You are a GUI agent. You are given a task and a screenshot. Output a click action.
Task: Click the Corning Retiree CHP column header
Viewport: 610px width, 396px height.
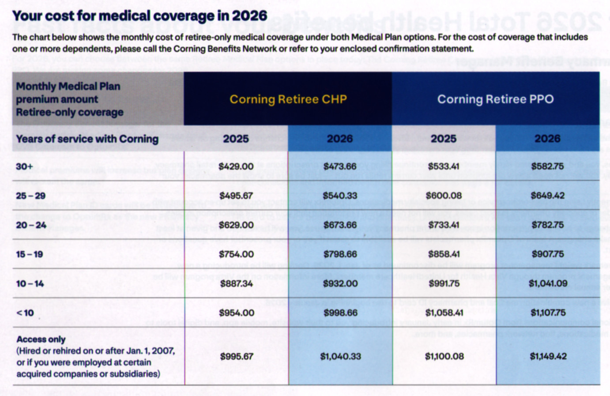(x=288, y=99)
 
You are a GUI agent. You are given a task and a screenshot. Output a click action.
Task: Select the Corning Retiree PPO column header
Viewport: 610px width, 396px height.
(x=495, y=99)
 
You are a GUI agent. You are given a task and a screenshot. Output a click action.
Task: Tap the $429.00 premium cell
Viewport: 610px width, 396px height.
(x=236, y=166)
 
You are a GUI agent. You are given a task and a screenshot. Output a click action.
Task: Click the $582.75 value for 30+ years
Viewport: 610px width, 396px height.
(x=547, y=166)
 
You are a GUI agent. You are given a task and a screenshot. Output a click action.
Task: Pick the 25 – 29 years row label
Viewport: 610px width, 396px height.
(x=30, y=196)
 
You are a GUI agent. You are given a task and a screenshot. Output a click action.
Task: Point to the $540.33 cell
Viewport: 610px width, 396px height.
(x=340, y=196)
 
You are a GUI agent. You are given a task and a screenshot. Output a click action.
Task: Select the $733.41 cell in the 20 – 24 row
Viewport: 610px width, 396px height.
(x=444, y=225)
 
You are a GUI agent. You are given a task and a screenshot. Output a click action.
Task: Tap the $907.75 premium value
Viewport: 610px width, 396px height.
(x=547, y=254)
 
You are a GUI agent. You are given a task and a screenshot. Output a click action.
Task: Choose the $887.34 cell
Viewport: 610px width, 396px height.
(x=236, y=283)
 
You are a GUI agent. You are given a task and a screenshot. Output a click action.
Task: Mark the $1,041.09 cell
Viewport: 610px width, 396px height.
(x=548, y=283)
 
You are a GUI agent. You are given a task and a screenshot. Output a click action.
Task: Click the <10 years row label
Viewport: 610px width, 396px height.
(x=25, y=313)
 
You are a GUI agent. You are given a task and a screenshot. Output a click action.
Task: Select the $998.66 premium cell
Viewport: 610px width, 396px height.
(x=340, y=313)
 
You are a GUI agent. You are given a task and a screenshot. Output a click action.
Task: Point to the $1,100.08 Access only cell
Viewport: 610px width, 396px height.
(x=444, y=356)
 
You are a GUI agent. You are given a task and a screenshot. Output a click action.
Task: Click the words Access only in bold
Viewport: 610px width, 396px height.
(x=41, y=339)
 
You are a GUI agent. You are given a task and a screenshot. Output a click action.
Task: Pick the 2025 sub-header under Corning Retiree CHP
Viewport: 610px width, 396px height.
(x=236, y=139)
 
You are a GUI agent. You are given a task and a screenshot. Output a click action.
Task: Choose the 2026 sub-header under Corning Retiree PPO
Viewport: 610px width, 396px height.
(x=547, y=139)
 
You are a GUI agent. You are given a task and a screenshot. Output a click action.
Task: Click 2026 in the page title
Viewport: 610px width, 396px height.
(x=249, y=16)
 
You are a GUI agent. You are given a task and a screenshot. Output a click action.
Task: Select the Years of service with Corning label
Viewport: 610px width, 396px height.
(x=87, y=139)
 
